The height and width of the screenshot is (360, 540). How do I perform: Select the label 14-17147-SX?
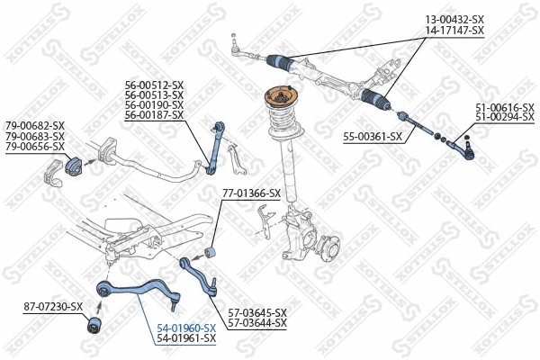454,31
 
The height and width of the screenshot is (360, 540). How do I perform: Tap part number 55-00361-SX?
372,136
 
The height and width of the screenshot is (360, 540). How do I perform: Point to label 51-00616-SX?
505,107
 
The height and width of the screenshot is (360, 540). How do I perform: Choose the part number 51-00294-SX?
505,118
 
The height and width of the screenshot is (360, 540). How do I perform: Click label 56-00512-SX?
154,85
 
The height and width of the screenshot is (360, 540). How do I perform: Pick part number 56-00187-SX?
154,115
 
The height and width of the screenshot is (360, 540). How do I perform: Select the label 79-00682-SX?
35,125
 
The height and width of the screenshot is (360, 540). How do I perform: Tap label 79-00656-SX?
35,146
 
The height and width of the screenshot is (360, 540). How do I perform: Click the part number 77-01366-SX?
251,193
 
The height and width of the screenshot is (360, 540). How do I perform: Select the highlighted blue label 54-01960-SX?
186,328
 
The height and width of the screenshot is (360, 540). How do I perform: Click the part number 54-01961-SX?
186,338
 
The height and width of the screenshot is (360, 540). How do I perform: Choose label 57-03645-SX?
257,312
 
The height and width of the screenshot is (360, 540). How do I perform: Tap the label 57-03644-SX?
257,322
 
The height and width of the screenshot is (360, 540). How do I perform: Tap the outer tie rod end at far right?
464,142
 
